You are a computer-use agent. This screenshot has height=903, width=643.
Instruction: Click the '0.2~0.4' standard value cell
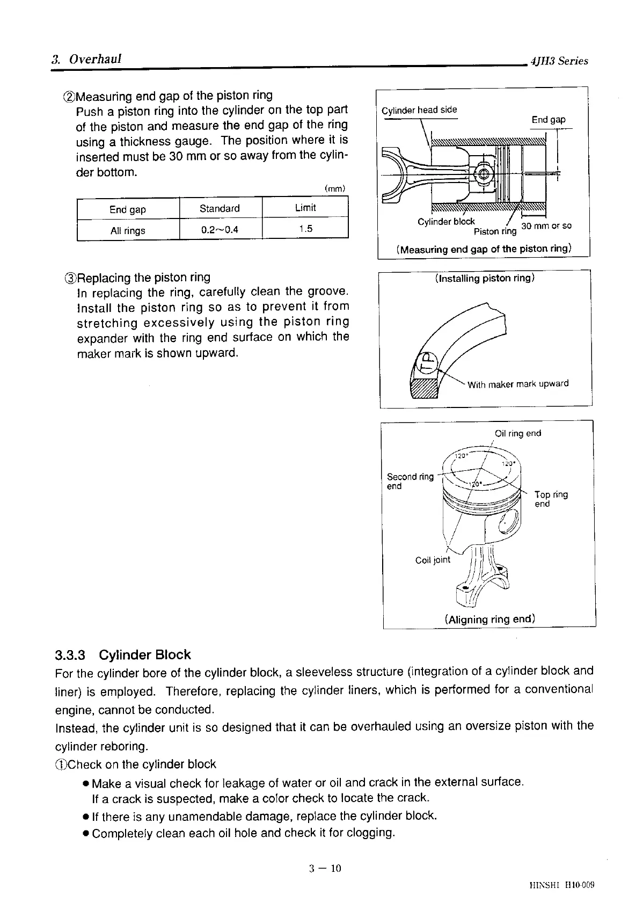coord(220,230)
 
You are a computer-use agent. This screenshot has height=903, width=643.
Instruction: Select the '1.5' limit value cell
coord(305,229)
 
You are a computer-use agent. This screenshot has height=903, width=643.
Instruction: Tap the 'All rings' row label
coord(128,231)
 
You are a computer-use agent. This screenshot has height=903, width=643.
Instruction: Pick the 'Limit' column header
coord(305,208)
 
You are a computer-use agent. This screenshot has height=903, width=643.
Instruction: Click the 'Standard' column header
coord(220,208)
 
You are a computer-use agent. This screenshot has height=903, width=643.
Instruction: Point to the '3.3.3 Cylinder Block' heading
coord(123,655)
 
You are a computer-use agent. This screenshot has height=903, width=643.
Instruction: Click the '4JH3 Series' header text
coord(559,61)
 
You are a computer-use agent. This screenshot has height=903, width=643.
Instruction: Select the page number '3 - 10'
coord(325,868)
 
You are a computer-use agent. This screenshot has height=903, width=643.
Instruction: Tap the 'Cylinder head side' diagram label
coord(419,110)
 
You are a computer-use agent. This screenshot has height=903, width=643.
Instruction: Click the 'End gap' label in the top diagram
coord(549,120)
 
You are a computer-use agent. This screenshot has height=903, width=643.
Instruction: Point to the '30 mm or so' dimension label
coord(546,226)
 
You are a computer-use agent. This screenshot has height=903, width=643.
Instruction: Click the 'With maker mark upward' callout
coord(518,384)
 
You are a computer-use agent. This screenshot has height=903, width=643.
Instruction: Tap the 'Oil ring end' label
coord(518,433)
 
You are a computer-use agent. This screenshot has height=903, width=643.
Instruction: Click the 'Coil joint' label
coord(433,560)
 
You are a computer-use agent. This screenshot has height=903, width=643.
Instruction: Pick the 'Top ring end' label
coord(551,499)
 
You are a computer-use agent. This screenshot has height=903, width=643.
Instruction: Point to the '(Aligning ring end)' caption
coord(490,619)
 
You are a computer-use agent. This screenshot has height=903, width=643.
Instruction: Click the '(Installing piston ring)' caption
coord(485,278)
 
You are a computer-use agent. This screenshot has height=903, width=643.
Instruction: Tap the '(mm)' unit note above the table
coord(334,188)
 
